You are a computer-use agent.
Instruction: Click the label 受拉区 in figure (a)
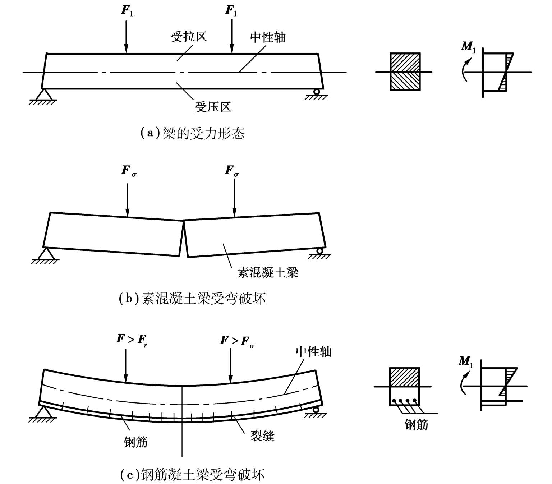(x=189, y=37)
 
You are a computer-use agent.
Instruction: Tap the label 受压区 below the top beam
(x=213, y=107)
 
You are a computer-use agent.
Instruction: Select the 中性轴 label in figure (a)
(x=268, y=37)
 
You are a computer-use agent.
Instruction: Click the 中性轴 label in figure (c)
(x=313, y=351)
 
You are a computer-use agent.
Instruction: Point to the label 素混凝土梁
(x=268, y=273)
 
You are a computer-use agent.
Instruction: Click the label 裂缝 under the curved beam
(x=262, y=436)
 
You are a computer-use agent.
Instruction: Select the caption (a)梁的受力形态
(x=192, y=133)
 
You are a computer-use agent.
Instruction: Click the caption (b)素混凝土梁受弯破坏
(x=192, y=299)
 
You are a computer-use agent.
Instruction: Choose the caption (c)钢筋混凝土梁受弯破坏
(x=192, y=475)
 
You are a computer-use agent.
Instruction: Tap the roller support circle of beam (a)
(x=317, y=92)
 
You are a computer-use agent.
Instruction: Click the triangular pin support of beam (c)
(x=43, y=411)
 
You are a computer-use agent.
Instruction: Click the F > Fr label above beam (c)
(x=132, y=339)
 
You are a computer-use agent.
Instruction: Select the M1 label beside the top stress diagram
(x=468, y=47)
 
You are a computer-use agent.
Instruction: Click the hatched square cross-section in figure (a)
(x=405, y=72)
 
